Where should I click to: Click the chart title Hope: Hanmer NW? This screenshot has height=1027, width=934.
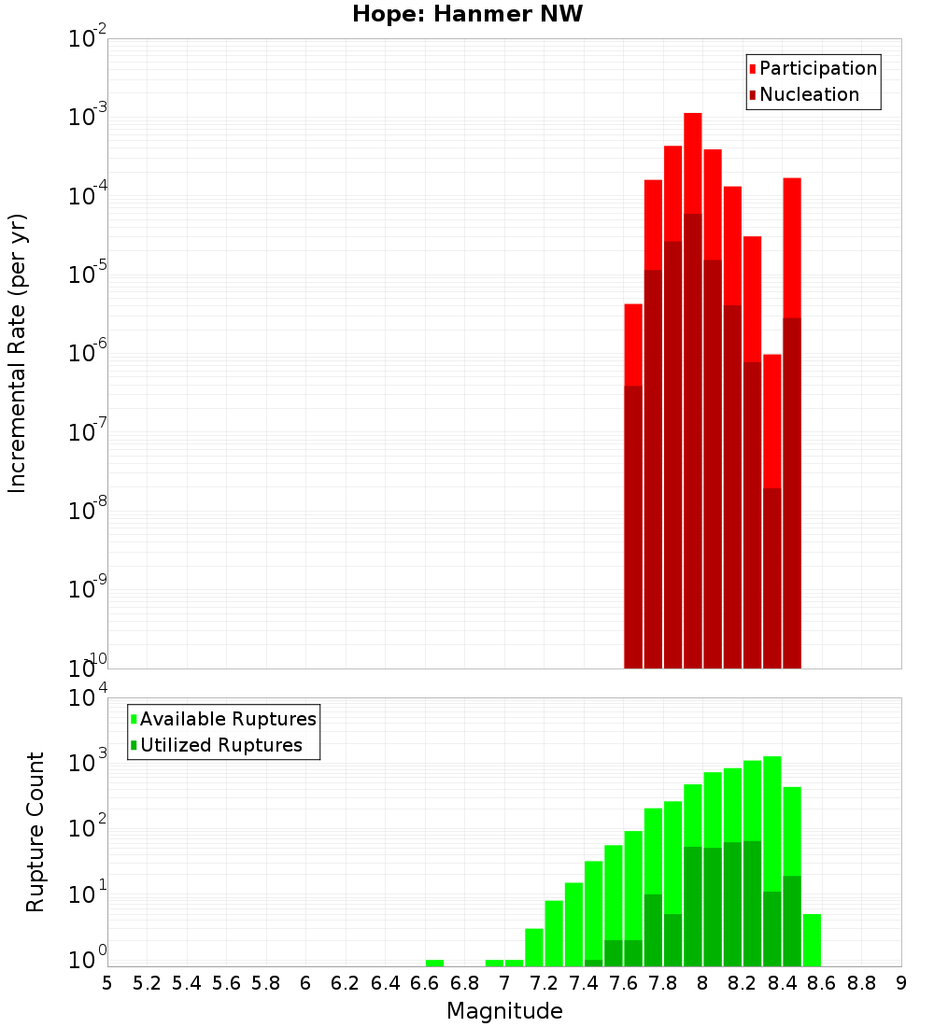[467, 15]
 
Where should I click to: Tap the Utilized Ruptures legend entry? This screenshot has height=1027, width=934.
[220, 745]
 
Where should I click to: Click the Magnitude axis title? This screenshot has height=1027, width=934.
[504, 1011]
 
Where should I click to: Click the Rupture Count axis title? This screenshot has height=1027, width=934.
[35, 831]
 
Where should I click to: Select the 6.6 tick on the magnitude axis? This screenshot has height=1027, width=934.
[425, 983]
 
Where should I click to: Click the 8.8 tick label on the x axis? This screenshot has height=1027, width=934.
[861, 983]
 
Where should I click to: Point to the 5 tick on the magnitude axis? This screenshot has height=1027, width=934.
[107, 983]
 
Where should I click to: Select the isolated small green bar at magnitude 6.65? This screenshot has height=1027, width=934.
[434, 963]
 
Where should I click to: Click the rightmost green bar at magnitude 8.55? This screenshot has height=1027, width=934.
[812, 939]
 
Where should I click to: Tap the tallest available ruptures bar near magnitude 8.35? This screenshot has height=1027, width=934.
[771, 822]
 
